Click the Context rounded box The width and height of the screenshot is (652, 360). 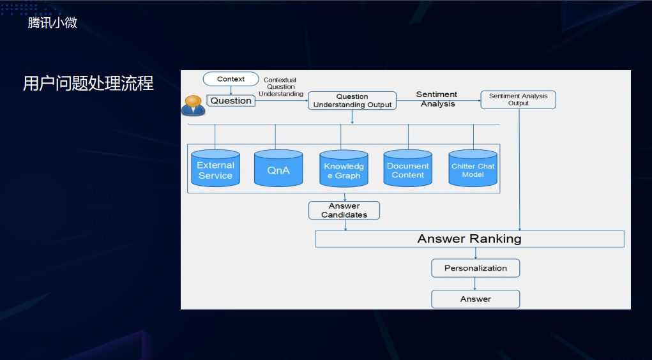click(231, 79)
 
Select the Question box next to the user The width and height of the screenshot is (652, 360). click(231, 100)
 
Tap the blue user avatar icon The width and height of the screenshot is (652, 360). click(193, 105)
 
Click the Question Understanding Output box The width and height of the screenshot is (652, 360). click(352, 101)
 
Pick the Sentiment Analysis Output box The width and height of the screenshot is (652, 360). click(518, 100)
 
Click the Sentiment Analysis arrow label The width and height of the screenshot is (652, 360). click(437, 99)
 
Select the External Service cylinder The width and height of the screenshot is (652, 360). click(215, 169)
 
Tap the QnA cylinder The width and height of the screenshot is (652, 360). click(278, 169)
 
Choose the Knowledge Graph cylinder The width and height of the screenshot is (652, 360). click(344, 170)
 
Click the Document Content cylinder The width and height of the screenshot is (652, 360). click(407, 170)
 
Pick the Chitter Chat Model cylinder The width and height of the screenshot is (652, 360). click(473, 170)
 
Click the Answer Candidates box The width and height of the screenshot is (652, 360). click(344, 211)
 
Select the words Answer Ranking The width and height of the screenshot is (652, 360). click(469, 239)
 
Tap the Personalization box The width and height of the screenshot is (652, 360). click(476, 268)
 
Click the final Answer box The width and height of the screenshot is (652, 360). click(476, 299)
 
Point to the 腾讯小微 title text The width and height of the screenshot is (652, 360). click(52, 23)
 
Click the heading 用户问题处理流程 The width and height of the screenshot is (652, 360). click(88, 84)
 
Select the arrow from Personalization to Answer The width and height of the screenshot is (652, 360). click(476, 283)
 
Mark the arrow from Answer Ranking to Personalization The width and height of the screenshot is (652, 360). click(476, 253)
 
